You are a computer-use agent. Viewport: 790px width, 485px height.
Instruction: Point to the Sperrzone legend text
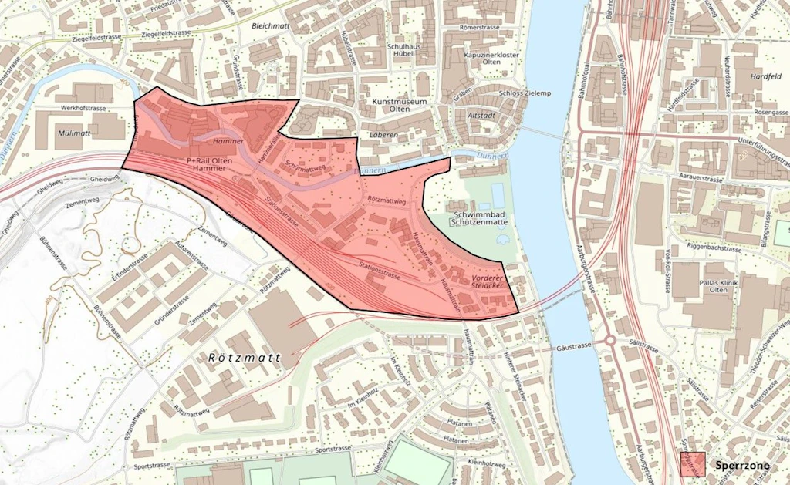(x=744, y=466)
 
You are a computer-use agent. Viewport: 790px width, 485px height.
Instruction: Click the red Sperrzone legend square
(x=692, y=465)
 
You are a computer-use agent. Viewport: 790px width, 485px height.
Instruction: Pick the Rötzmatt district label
(x=242, y=359)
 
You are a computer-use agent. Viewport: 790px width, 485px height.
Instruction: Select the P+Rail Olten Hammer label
(x=210, y=163)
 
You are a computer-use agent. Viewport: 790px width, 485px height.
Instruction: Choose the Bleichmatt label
(x=269, y=25)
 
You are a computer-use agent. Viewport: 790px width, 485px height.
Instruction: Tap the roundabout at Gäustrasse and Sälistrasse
(x=609, y=339)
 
